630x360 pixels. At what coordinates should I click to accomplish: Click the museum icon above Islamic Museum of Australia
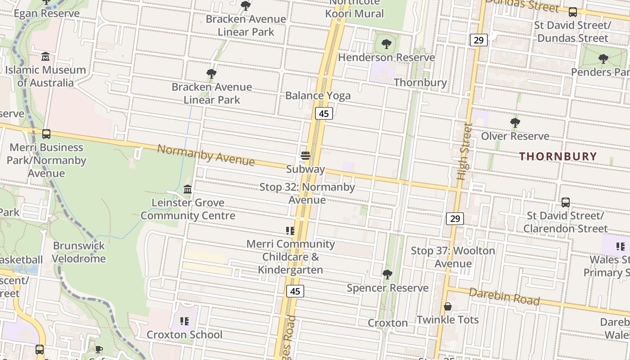point(45,57)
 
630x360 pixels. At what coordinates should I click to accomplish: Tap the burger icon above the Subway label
point(306,156)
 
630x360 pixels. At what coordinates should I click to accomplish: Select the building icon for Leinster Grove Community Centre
point(188,189)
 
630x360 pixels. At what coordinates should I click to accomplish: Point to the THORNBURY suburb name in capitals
point(558,157)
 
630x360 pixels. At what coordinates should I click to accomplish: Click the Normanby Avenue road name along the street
point(206,155)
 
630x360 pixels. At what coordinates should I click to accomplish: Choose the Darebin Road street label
point(504,297)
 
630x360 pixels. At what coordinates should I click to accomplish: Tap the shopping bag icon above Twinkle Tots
point(447,307)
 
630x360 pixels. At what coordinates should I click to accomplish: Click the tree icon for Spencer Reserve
point(387,274)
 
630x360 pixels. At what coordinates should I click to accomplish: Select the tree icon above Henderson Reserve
point(386,44)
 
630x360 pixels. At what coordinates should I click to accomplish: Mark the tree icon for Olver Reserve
point(515,122)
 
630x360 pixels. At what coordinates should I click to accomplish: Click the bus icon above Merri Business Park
point(46,134)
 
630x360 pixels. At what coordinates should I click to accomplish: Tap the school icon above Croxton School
point(184,321)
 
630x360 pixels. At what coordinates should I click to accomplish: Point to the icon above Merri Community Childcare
point(290,231)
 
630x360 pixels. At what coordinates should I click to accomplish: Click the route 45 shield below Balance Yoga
point(324,113)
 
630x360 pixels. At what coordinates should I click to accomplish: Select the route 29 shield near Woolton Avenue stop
point(455,219)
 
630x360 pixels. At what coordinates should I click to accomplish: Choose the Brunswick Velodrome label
point(79,252)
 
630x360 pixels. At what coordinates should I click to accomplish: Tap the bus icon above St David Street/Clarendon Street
point(565,202)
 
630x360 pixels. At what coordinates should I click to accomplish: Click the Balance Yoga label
point(318,95)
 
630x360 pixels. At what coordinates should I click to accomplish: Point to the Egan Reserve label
point(47,13)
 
